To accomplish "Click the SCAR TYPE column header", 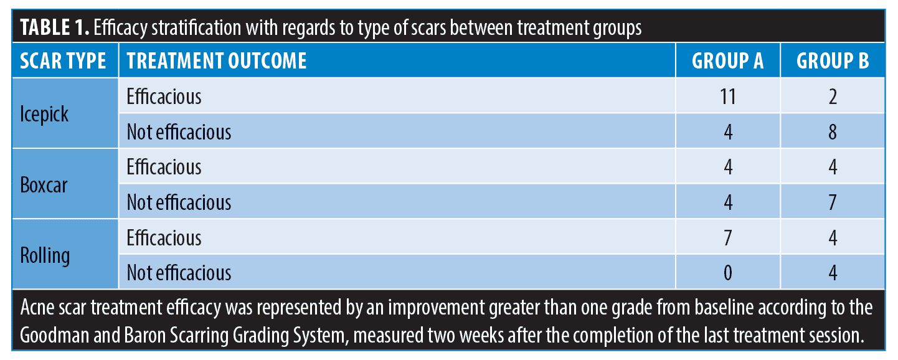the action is tap(63, 61).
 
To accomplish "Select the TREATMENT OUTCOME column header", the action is tap(217, 61).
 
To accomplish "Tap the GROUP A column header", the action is tap(727, 61).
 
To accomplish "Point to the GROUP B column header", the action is tap(833, 61).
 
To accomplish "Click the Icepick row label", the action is tap(44, 114).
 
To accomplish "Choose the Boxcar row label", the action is tap(44, 185).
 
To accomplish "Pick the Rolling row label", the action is tap(45, 256).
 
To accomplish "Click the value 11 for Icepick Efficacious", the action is tap(727, 97).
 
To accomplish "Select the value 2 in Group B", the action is tap(833, 97).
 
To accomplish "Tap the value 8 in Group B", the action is tap(833, 132).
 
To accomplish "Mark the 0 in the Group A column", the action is tap(727, 273).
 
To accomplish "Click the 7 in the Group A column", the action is tap(727, 238).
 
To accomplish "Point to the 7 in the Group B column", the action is tap(833, 202).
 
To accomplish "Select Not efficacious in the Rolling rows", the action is tap(179, 273).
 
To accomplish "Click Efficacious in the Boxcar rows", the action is tap(164, 167).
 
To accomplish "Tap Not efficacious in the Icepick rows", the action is tap(179, 132).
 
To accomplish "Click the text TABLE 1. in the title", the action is tap(55, 27).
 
